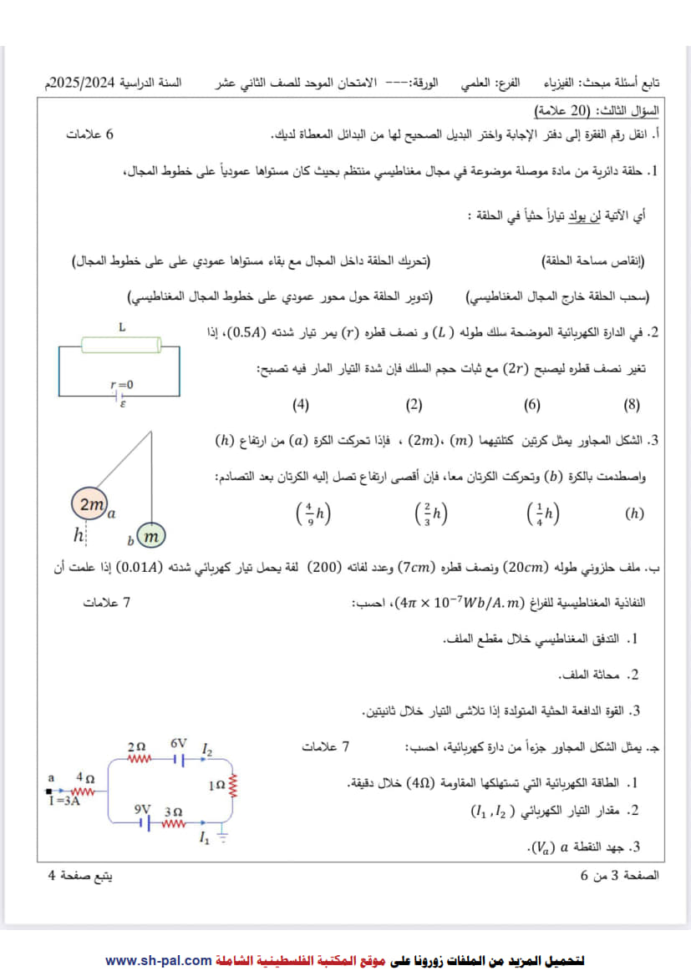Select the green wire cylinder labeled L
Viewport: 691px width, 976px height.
121,346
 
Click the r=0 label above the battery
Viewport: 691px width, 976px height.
121,384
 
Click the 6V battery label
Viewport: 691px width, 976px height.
179,743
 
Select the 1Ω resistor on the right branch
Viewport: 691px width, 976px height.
235,786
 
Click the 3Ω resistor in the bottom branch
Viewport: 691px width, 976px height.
173,824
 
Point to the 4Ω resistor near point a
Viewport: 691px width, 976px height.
84,790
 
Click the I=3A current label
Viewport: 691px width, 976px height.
64,802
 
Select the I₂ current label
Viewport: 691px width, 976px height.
207,751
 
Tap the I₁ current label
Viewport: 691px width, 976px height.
204,839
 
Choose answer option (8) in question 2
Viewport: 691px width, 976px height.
632,406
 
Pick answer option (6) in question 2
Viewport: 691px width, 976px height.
531,406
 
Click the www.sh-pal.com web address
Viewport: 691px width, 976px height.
158,960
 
